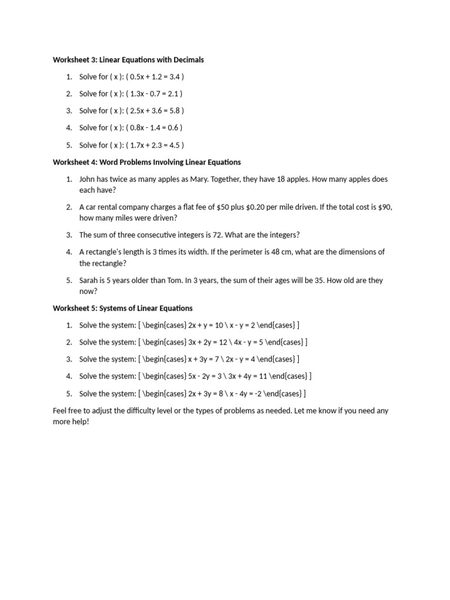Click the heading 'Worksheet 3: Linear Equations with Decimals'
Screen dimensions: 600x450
(x=128, y=60)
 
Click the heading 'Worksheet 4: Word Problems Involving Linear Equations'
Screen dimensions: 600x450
(x=146, y=162)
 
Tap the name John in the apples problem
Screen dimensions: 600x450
(x=88, y=179)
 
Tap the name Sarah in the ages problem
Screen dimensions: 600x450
(x=89, y=280)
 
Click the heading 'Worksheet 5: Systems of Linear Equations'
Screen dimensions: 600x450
(x=122, y=308)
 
